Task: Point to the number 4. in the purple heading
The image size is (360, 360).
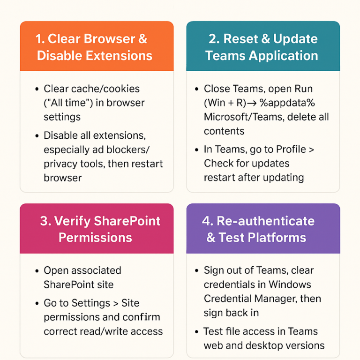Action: [208, 221]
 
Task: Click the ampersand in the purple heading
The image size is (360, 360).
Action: [211, 237]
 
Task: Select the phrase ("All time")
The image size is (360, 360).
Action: [71, 103]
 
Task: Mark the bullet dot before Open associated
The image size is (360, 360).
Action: [37, 271]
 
